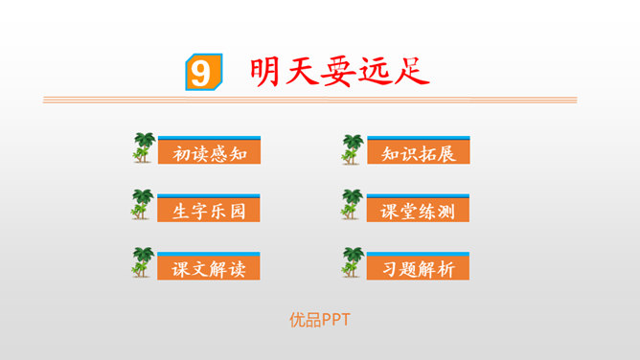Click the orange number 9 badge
pyautogui.click(x=200, y=73)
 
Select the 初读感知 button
pyautogui.click(x=209, y=153)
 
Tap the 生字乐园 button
pyautogui.click(x=209, y=211)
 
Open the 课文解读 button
pyautogui.click(x=209, y=268)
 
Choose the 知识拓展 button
pyautogui.click(x=418, y=153)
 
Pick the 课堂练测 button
pyautogui.click(x=418, y=211)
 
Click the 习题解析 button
pyautogui.click(x=418, y=268)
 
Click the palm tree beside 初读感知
pyautogui.click(x=144, y=148)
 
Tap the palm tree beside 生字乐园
pyautogui.click(x=144, y=205)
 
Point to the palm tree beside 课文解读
pyautogui.click(x=144, y=263)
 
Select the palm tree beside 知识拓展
pyautogui.click(x=354, y=148)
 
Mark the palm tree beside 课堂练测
pyautogui.click(x=354, y=205)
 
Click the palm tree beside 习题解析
pyautogui.click(x=354, y=263)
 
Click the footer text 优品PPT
pyautogui.click(x=320, y=320)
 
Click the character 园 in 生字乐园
pyautogui.click(x=238, y=211)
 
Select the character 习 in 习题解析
pyautogui.click(x=388, y=268)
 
